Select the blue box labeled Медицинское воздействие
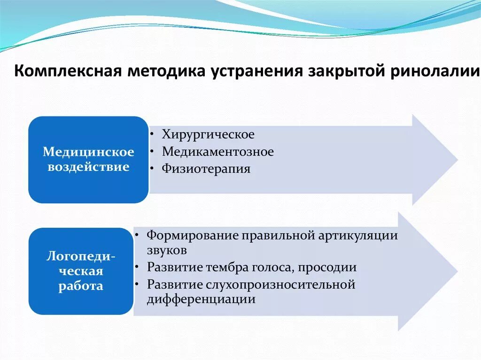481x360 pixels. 88,160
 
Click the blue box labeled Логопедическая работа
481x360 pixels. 81,271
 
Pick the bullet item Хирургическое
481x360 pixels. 208,135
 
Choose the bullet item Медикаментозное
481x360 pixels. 218,152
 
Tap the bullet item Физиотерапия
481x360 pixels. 206,169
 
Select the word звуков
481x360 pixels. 167,251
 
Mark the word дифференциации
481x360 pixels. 201,299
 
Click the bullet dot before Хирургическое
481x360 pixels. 154,135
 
